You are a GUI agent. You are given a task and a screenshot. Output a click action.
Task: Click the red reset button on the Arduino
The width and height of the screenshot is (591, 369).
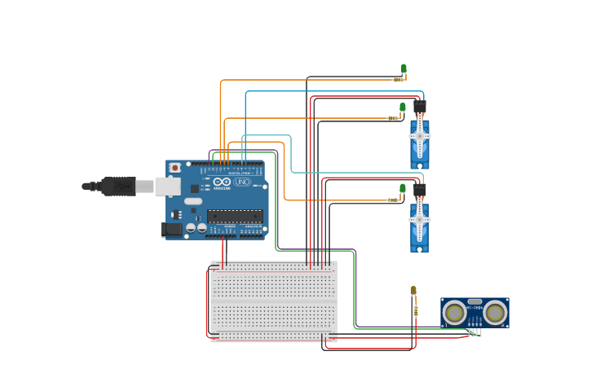pos(174,168)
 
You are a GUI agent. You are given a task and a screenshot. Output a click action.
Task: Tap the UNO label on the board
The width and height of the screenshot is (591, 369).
pos(242,182)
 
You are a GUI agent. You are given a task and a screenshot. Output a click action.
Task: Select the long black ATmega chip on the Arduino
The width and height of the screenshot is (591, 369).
pos(235,216)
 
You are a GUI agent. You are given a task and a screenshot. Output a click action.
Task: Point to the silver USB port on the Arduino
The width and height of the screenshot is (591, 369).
pos(168,187)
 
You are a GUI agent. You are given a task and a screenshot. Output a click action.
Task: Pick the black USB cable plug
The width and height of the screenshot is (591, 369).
pos(118,187)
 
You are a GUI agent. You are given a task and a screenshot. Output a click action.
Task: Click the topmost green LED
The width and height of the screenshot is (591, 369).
pos(404,68)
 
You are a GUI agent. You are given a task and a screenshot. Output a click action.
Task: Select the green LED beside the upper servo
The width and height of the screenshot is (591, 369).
pos(402,108)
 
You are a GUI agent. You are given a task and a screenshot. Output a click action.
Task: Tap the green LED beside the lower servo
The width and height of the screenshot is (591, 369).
pos(402,188)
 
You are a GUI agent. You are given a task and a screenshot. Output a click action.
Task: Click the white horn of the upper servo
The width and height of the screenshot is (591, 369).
pos(420,136)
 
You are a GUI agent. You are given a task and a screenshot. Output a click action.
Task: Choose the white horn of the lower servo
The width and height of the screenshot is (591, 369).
pos(420,218)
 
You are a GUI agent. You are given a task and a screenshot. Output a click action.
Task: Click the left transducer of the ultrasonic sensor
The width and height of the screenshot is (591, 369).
pos(454,312)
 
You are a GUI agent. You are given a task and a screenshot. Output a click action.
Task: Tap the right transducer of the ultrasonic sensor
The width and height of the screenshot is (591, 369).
pos(495,312)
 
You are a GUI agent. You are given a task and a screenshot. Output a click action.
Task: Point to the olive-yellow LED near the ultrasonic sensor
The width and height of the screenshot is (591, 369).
pos(413,291)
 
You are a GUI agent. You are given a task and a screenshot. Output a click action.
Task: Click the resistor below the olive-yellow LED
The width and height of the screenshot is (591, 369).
pos(415,310)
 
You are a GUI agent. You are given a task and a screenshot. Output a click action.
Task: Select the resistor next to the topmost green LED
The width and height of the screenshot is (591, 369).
pos(399,79)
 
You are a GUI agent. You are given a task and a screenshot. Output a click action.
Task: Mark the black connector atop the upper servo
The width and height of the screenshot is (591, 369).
pos(419,107)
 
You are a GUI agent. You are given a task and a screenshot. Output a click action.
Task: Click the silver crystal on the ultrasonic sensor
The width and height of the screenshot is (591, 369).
pos(474,302)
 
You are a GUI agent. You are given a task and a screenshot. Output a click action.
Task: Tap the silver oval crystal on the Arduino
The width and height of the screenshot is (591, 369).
pos(193,201)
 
